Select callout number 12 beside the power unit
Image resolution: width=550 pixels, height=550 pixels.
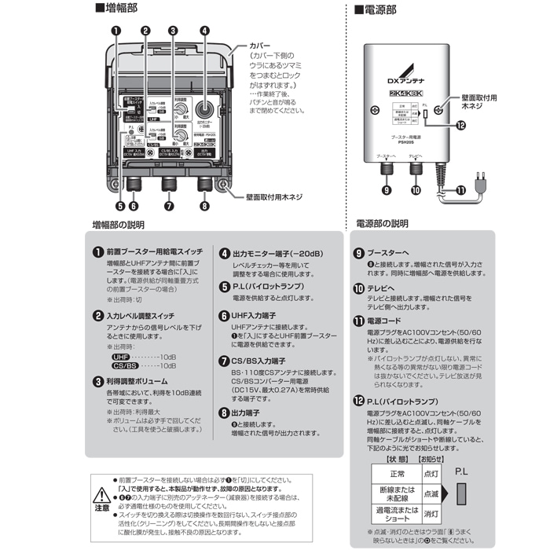pyautogui.click(x=460, y=124)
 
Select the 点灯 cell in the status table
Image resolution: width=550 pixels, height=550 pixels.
pyautogui.click(x=431, y=474)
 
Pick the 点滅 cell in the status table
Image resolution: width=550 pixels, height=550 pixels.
pyautogui.click(x=431, y=494)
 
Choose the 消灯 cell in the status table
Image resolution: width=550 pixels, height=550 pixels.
pyautogui.click(x=431, y=515)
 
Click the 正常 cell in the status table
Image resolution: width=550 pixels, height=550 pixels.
pyautogui.click(x=398, y=474)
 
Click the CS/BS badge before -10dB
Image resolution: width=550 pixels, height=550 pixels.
pyautogui.click(x=125, y=365)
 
